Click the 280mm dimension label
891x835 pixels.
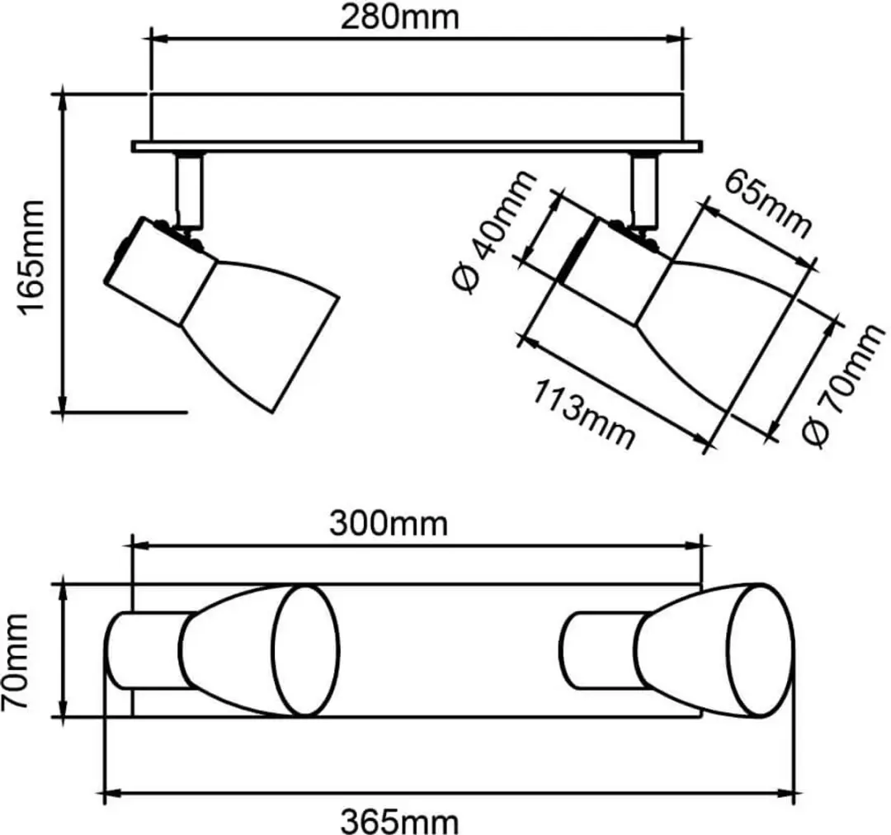pyautogui.click(x=399, y=17)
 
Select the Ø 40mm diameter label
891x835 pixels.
pyautogui.click(x=494, y=231)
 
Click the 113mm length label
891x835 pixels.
pyautogui.click(x=583, y=414)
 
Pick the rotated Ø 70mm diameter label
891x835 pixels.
pyautogui.click(x=845, y=385)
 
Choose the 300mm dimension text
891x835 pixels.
pyautogui.click(x=389, y=523)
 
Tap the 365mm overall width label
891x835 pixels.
pyautogui.click(x=399, y=821)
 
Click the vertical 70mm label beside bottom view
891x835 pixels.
pyautogui.click(x=16, y=661)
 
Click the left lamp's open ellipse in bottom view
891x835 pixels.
pyautogui.click(x=306, y=650)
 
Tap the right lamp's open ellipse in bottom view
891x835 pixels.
pyautogui.click(x=760, y=650)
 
